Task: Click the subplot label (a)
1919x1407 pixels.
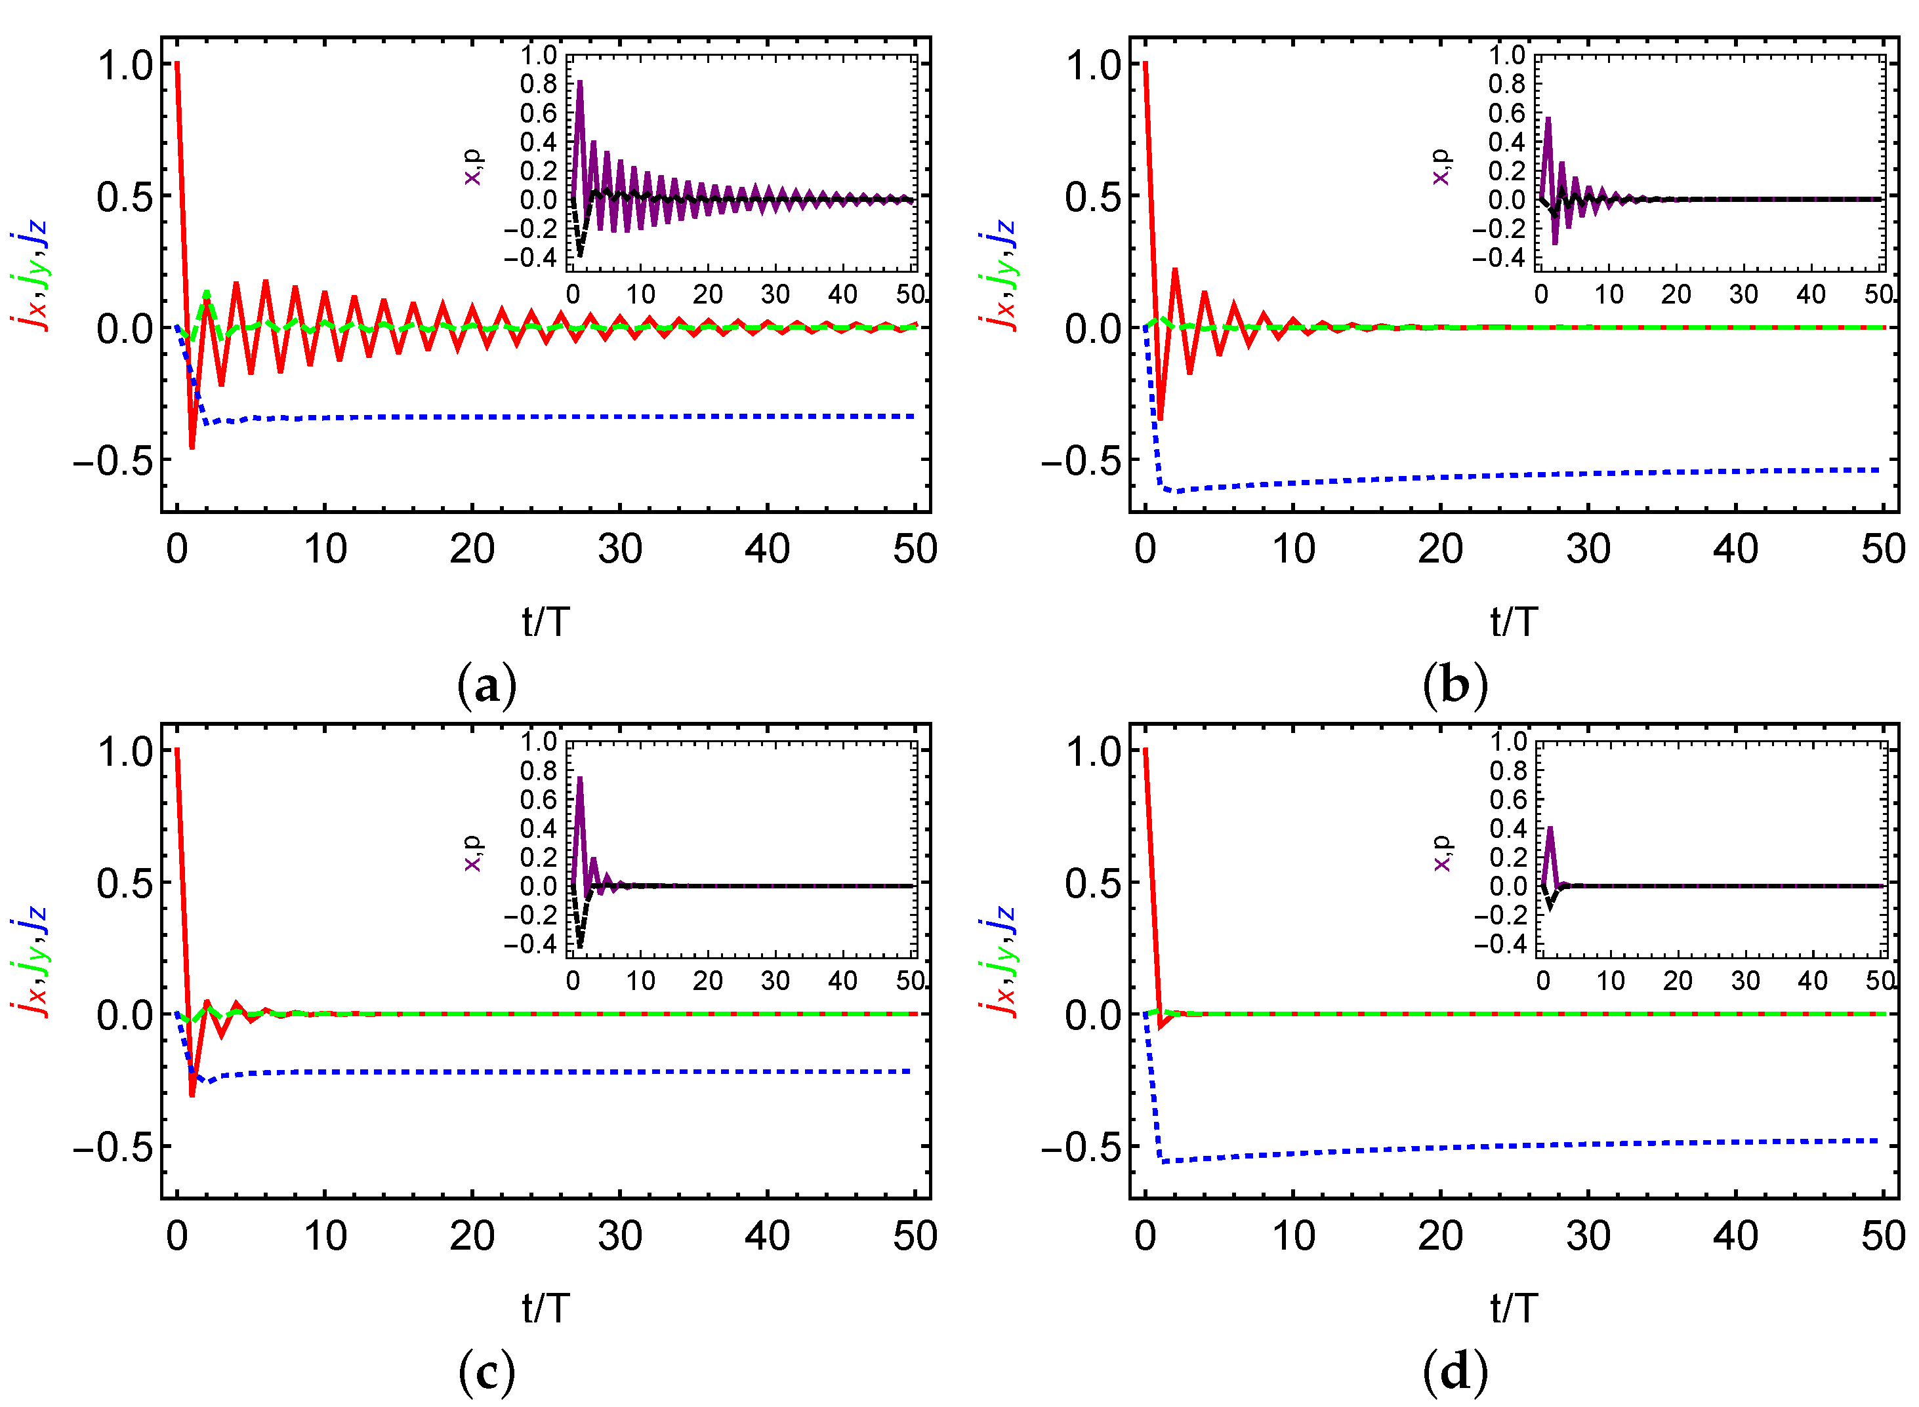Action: (487, 686)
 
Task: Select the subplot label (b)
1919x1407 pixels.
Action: (1455, 686)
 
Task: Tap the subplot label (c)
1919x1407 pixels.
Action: (487, 1372)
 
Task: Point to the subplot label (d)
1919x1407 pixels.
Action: (1455, 1372)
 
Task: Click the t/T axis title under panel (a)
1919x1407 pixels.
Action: (545, 623)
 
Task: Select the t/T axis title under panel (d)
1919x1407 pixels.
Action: (1514, 1309)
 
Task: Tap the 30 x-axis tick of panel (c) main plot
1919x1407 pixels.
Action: (619, 1237)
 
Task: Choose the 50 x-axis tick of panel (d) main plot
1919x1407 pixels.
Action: (1882, 1237)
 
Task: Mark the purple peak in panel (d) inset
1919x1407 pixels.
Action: (1549, 829)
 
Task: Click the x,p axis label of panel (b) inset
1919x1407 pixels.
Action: (1440, 168)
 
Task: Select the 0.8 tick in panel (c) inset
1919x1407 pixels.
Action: (539, 771)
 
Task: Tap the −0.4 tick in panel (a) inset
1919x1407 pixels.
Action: (530, 257)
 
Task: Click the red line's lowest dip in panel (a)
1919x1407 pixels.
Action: (192, 446)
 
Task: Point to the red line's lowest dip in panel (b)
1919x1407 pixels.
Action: (1160, 418)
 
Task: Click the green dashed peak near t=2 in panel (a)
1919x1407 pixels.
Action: (206, 294)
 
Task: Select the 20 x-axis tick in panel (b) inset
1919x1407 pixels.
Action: (1676, 294)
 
